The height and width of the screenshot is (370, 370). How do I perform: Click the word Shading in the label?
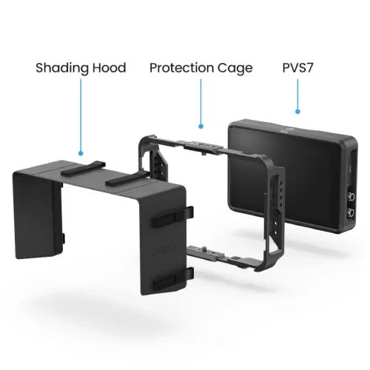pyautogui.click(x=62, y=68)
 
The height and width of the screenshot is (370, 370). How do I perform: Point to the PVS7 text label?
pyautogui.click(x=297, y=68)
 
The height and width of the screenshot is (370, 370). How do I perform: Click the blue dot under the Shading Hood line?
pyautogui.click(x=81, y=153)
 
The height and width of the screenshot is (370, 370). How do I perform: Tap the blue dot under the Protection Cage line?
pyautogui.click(x=201, y=127)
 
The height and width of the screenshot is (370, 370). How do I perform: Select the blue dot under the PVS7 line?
pyautogui.click(x=297, y=112)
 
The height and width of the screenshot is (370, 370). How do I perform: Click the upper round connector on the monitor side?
pyautogui.click(x=351, y=198)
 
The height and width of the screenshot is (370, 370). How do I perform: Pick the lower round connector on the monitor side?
pyautogui.click(x=351, y=212)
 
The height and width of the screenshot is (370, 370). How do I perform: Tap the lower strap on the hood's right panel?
pyautogui.click(x=173, y=279)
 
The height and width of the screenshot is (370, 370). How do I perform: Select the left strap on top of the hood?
pyautogui.click(x=83, y=169)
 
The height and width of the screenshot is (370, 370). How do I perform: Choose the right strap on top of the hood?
pyautogui.click(x=127, y=178)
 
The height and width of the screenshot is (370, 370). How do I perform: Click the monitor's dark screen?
pyautogui.click(x=283, y=172)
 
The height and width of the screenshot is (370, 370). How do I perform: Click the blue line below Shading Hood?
pyautogui.click(x=81, y=115)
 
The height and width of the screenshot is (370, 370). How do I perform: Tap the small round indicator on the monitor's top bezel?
pyautogui.click(x=289, y=129)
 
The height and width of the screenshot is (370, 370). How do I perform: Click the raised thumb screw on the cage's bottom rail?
pyautogui.click(x=204, y=247)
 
